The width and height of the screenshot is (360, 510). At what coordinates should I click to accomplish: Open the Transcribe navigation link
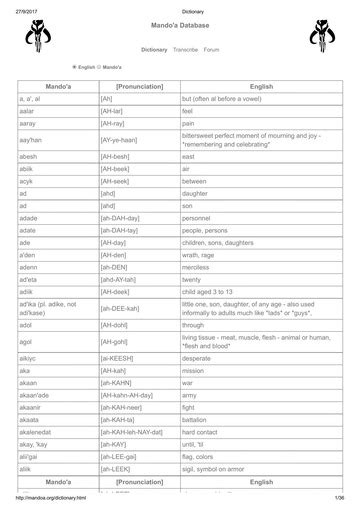click(186, 48)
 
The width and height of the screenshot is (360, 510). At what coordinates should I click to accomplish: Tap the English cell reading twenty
click(192, 252)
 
